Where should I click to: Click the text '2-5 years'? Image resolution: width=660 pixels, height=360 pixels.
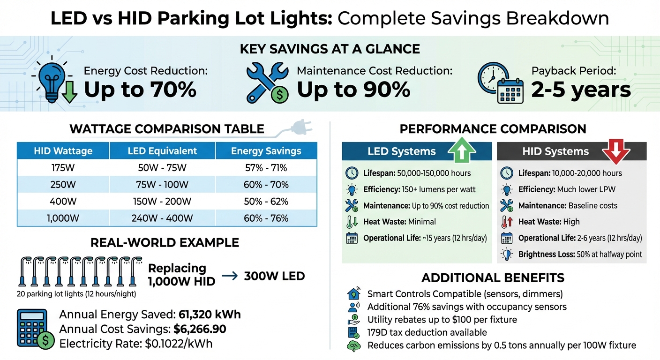pyautogui.click(x=581, y=89)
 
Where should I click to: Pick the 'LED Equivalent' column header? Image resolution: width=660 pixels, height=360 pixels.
pyautogui.click(x=162, y=151)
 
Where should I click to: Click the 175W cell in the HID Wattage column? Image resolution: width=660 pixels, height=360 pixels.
pyautogui.click(x=63, y=168)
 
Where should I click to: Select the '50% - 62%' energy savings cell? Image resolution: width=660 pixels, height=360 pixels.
pyautogui.click(x=266, y=202)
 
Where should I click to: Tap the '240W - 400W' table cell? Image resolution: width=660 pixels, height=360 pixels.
pyautogui.click(x=162, y=218)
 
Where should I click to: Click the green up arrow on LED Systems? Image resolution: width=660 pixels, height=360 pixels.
pyautogui.click(x=462, y=150)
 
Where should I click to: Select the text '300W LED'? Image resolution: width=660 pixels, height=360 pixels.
pyautogui.click(x=274, y=276)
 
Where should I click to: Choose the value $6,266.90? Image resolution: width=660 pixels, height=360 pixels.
pyautogui.click(x=200, y=329)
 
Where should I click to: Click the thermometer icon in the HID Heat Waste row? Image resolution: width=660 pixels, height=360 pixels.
pyautogui.click(x=506, y=222)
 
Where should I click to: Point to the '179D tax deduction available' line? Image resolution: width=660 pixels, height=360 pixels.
pyautogui.click(x=427, y=332)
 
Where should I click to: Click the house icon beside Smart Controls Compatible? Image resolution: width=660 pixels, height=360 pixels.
pyautogui.click(x=352, y=294)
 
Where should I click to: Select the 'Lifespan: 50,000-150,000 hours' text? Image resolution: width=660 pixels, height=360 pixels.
pyautogui.click(x=417, y=173)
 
